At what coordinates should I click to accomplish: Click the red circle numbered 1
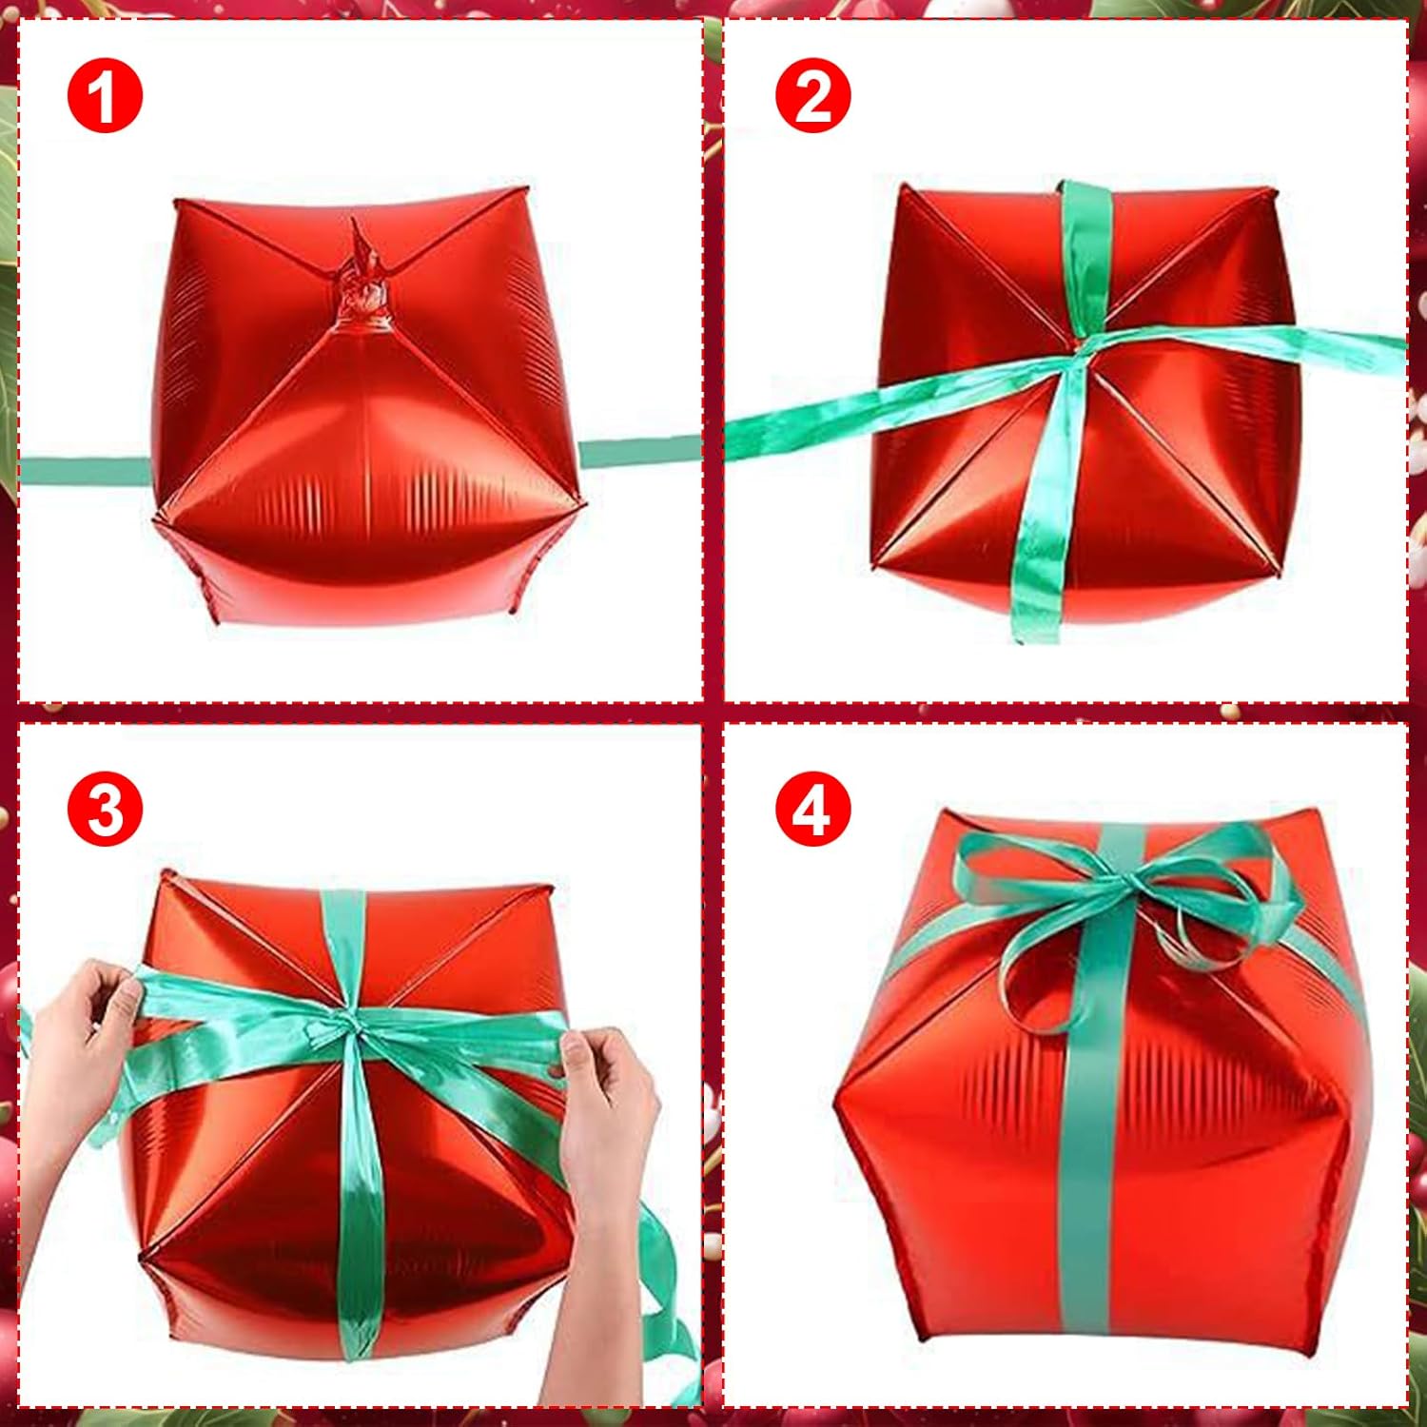105,95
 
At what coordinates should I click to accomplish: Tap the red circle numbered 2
813,95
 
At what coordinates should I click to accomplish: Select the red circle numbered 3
105,809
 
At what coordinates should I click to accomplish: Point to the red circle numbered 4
813,809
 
